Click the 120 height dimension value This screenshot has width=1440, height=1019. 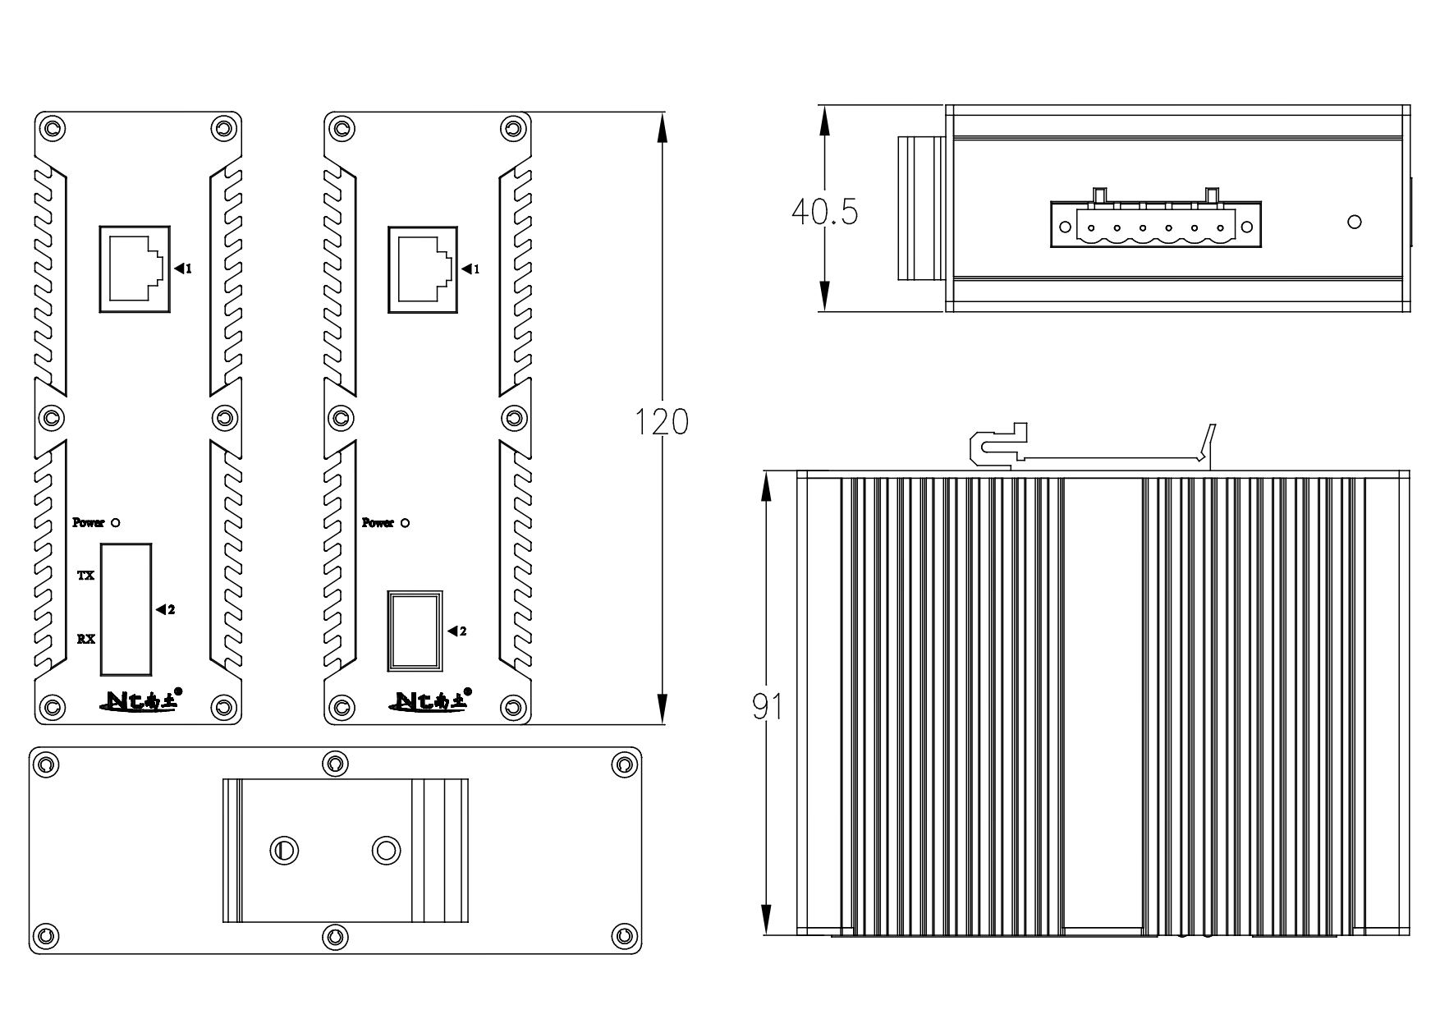[662, 422]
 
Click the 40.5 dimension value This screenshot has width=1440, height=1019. [824, 212]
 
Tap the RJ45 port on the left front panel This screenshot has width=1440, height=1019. [134, 268]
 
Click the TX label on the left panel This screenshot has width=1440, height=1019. [85, 576]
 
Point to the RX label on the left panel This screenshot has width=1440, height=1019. [85, 638]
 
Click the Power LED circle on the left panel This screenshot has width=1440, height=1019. [115, 522]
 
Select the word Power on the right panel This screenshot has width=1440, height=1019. [378, 523]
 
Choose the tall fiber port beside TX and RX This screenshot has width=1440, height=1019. [126, 607]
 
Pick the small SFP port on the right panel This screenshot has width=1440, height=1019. [415, 631]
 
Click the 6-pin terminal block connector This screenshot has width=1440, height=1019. [1156, 225]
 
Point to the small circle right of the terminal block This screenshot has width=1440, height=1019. [1355, 222]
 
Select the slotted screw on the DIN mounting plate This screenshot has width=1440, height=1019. [284, 850]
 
